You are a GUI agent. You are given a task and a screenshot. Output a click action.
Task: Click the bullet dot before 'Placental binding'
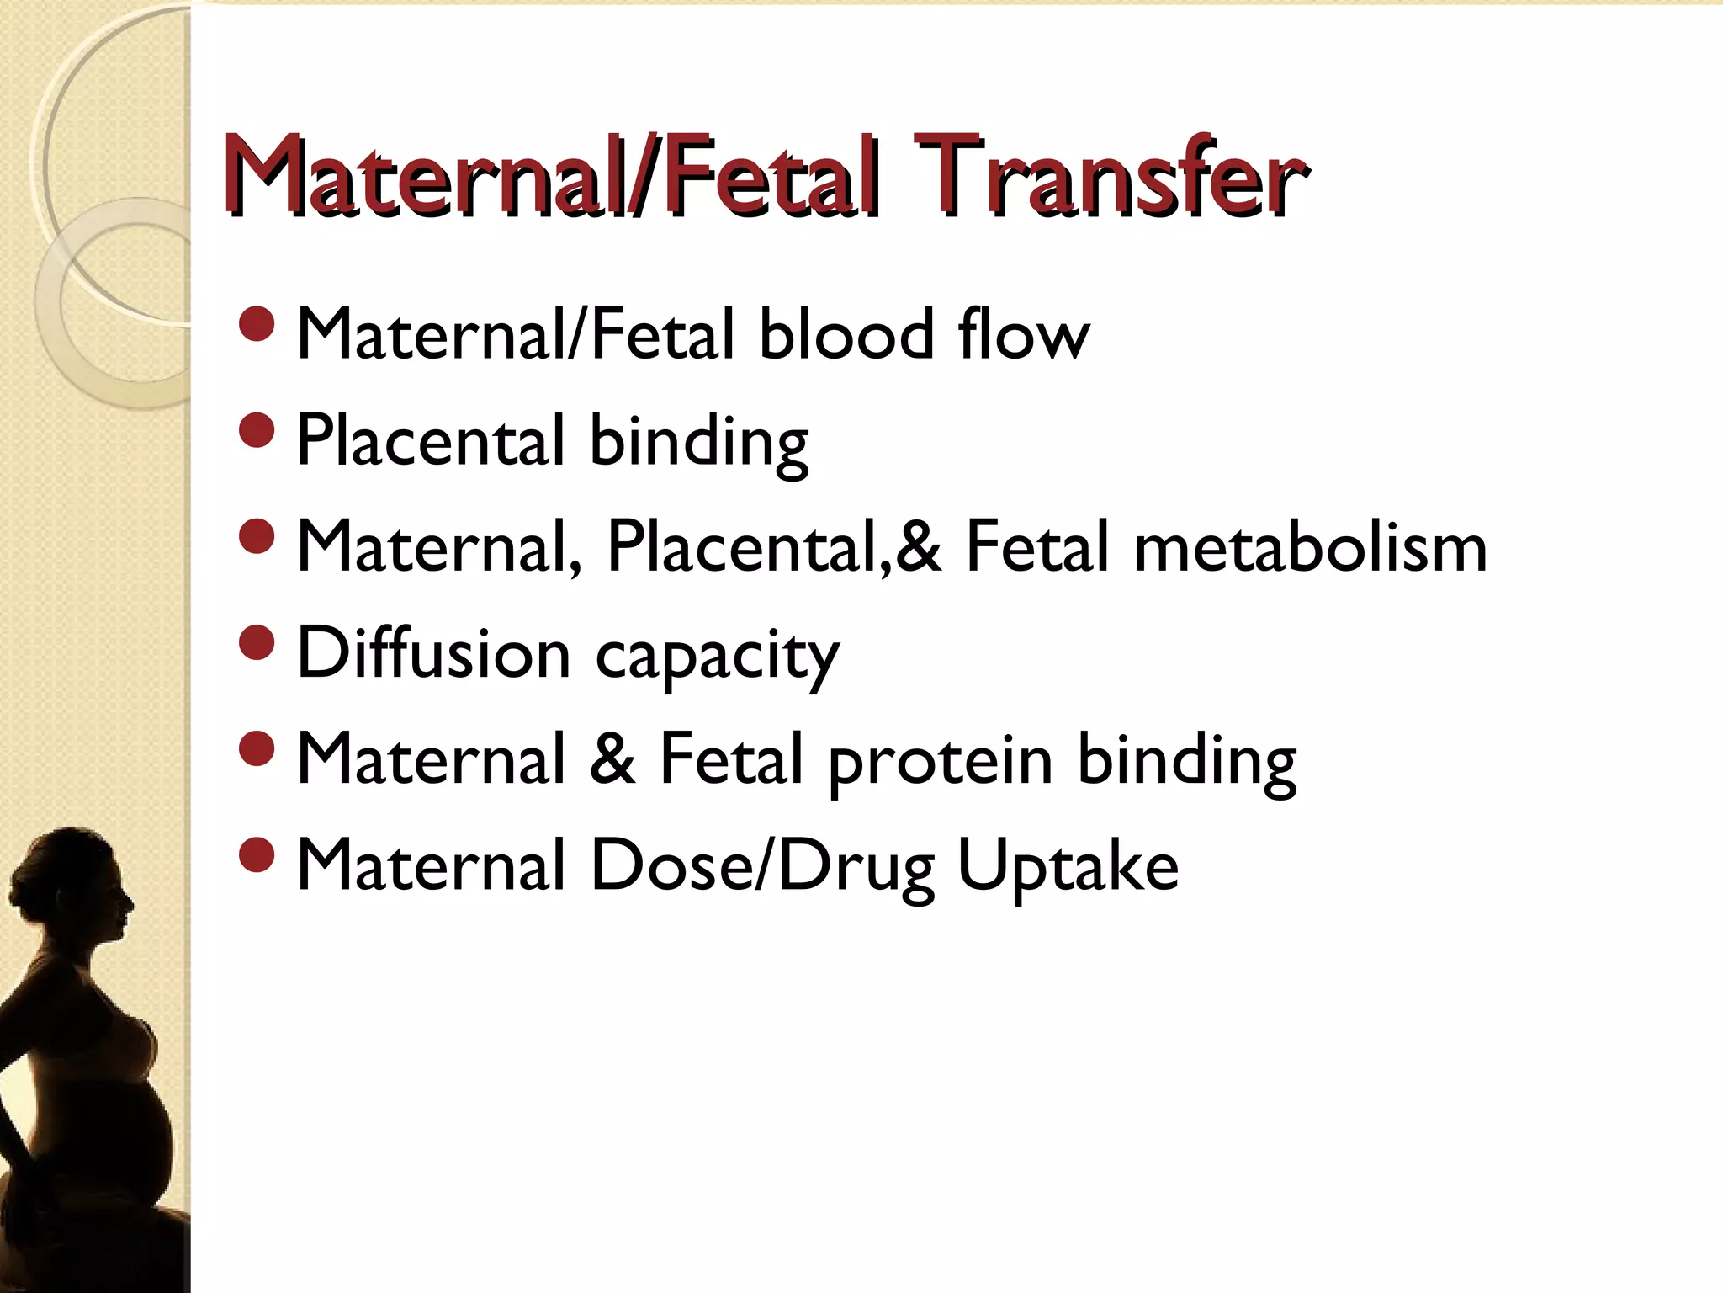(x=257, y=430)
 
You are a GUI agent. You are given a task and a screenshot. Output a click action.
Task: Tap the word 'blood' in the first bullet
(x=846, y=334)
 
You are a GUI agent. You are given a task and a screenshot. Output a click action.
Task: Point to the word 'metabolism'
(x=1310, y=548)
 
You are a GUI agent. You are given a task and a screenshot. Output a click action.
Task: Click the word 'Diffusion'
(x=434, y=653)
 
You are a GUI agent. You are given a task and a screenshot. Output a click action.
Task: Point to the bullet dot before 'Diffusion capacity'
(x=257, y=643)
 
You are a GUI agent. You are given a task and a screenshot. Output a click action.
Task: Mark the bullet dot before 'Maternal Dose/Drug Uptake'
(x=257, y=855)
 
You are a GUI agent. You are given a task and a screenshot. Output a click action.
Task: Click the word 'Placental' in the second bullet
(x=430, y=440)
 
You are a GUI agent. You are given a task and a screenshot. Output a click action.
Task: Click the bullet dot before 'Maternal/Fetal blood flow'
(x=257, y=324)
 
